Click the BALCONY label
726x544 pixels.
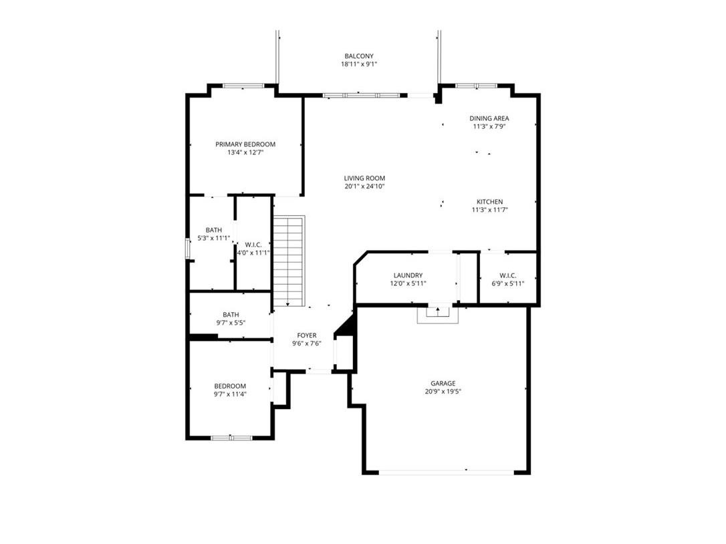358,56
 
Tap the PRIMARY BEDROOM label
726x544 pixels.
245,144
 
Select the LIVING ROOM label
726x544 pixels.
364,178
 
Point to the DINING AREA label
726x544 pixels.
489,118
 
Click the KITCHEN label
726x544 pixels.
489,202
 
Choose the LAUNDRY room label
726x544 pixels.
408,275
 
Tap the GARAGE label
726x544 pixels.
443,384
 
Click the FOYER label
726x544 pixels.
307,335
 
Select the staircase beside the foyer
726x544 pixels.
289,261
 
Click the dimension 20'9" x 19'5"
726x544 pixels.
443,392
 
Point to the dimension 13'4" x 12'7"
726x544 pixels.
245,152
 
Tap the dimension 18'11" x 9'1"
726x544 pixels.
358,64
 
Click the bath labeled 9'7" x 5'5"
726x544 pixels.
231,318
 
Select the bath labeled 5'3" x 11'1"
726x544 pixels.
213,234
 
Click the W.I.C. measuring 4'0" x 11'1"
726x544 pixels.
253,249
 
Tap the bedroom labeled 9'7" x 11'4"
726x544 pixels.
230,390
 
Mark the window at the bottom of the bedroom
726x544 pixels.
231,437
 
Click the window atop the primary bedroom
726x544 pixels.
243,86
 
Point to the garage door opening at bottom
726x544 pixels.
446,472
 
